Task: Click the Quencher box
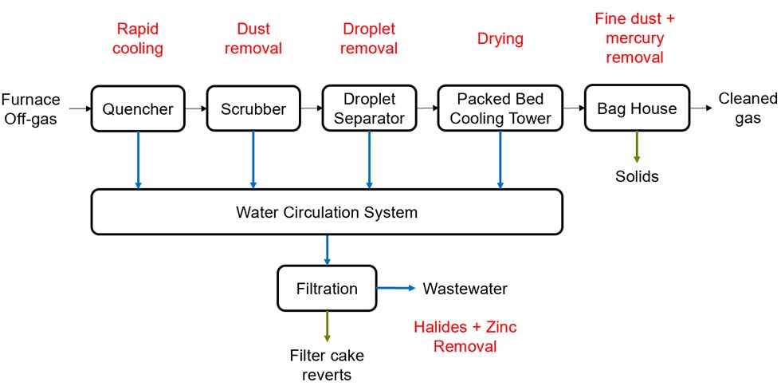click(138, 108)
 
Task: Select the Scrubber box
click(253, 108)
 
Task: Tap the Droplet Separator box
click(368, 108)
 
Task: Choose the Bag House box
click(636, 108)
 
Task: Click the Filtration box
click(327, 288)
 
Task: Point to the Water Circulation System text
click(327, 213)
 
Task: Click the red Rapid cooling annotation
click(137, 38)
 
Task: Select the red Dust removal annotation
click(253, 38)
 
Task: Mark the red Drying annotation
click(500, 38)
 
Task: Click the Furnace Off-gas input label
click(29, 108)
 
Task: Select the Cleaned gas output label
click(747, 108)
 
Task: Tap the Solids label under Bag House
click(637, 176)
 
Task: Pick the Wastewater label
click(465, 288)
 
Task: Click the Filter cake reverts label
click(327, 364)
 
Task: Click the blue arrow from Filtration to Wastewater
click(395, 288)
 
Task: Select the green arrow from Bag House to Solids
click(637, 148)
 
